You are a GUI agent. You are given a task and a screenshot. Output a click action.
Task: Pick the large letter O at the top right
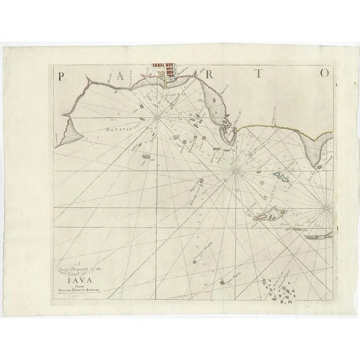coord(324,74)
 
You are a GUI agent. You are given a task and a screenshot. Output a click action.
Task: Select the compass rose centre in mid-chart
coord(235,168)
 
